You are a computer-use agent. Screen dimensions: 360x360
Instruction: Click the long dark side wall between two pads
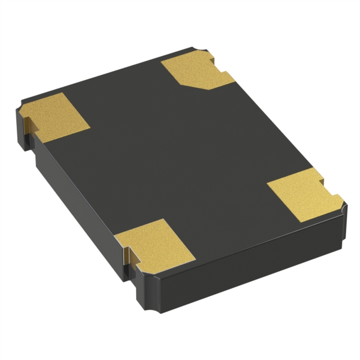point(79,180)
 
